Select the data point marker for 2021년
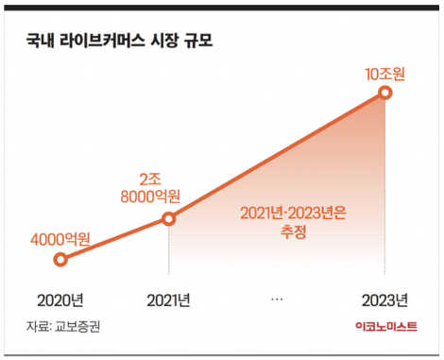pos(169,218)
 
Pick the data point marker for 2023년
pos(384,92)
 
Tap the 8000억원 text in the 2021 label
pos(150,197)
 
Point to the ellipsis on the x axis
pos(277,300)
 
